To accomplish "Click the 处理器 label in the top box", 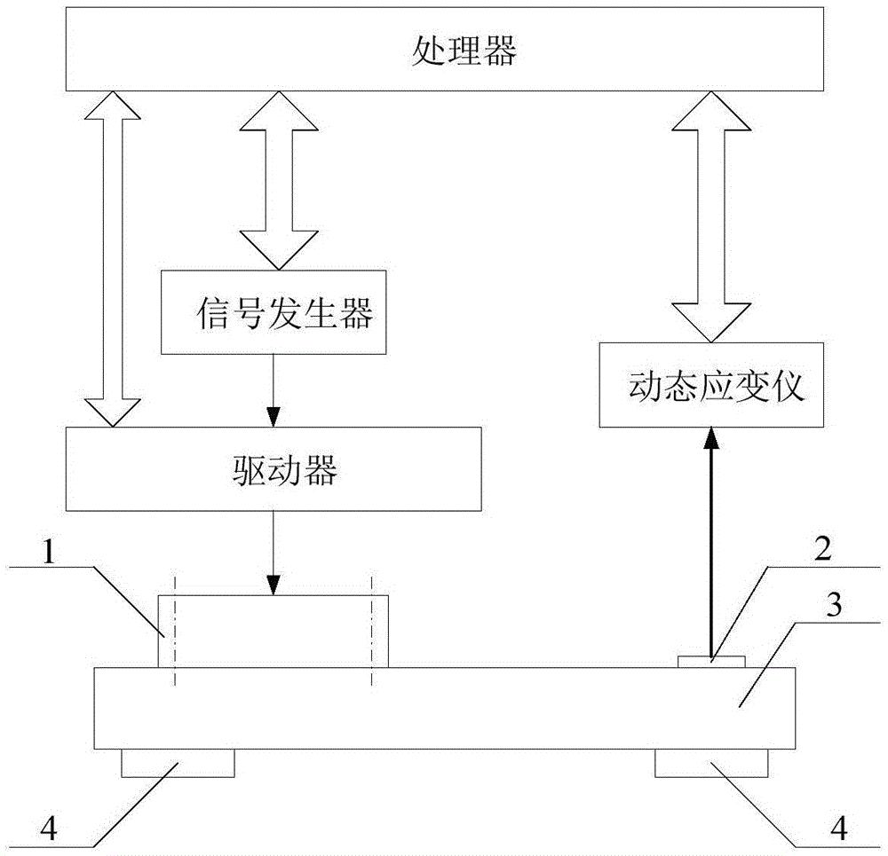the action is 464,51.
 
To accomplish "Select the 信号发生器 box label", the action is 285,313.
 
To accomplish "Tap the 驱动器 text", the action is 285,469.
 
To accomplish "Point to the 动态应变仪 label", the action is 717,387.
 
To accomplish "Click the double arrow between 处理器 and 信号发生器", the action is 278,180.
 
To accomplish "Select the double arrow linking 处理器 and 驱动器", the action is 112,258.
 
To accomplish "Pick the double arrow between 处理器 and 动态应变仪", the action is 711,216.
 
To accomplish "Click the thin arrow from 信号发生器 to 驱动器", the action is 274,390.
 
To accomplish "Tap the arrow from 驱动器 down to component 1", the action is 274,553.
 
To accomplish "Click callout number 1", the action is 49,551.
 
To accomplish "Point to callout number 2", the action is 822,548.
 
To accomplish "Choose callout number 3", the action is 834,605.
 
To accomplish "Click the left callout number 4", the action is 49,829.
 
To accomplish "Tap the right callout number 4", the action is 839,829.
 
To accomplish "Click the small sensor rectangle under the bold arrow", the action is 711,662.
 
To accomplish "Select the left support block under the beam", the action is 178,763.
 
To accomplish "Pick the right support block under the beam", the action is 711,763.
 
